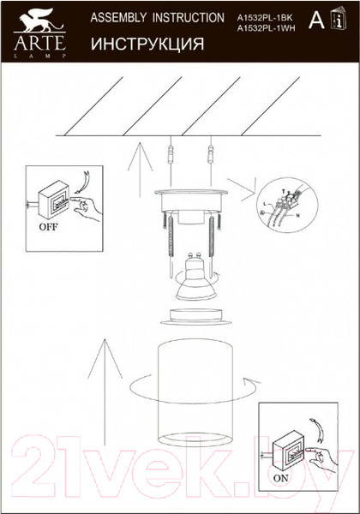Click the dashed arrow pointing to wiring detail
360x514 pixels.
[243, 184]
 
